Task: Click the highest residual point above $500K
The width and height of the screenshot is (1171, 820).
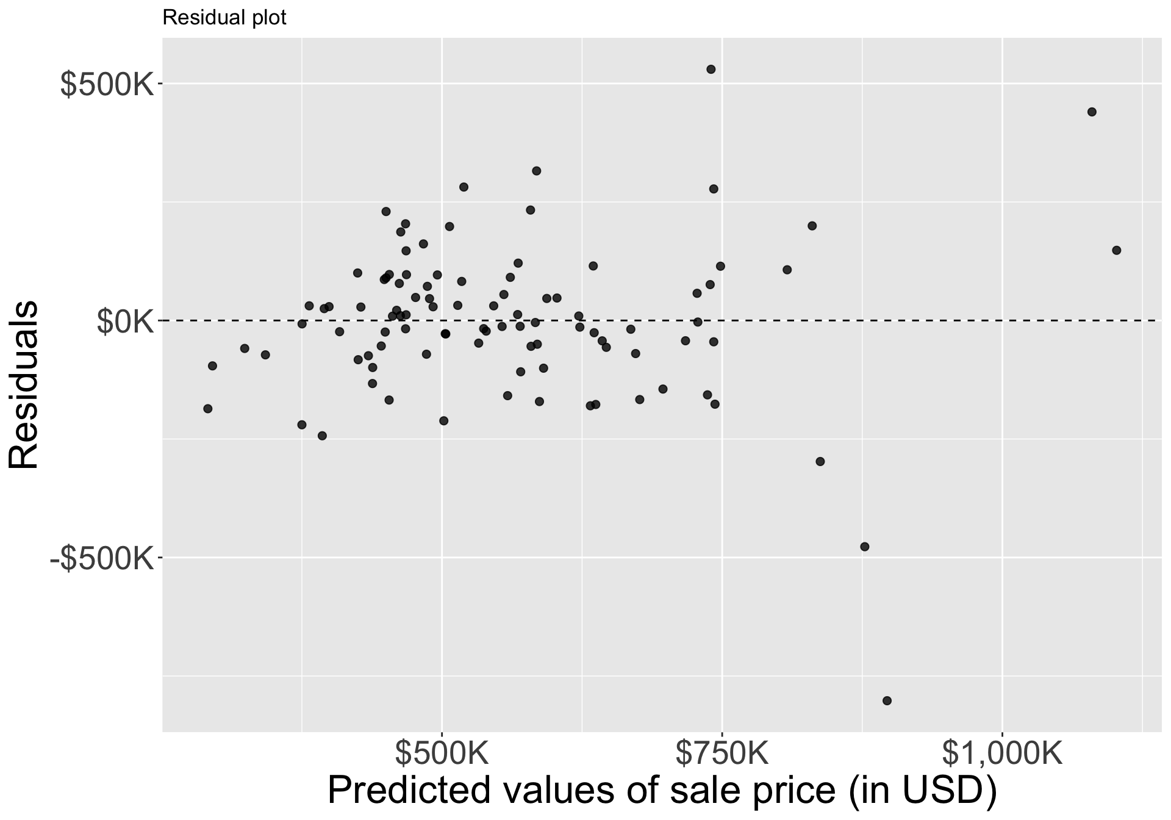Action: (x=711, y=70)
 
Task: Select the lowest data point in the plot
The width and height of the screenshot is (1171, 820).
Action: (x=887, y=700)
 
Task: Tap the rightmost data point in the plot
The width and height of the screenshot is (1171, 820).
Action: (x=1117, y=250)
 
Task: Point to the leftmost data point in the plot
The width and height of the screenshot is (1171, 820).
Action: (x=207, y=409)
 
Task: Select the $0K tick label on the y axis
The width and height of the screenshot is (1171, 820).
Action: (x=124, y=322)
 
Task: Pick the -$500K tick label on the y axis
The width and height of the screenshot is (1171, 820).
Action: (x=101, y=558)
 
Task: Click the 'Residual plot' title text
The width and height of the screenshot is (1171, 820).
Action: (x=224, y=18)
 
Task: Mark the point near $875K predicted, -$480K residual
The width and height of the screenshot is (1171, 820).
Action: (x=864, y=547)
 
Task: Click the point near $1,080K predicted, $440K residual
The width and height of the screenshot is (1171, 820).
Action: (x=1092, y=112)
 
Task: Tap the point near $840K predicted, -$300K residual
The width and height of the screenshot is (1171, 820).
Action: (x=820, y=462)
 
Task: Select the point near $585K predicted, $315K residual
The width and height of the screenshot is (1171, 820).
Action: (x=537, y=171)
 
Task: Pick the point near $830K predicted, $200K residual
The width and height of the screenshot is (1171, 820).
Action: (x=812, y=226)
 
